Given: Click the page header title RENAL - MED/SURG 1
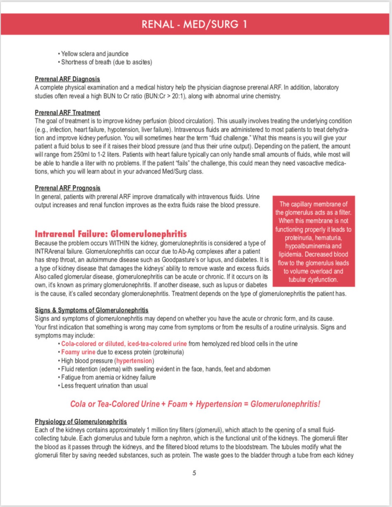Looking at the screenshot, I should pyautogui.click(x=194, y=24).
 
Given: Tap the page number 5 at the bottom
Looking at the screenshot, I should pyautogui.click(x=194, y=473).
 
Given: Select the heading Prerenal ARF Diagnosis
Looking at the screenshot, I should pyautogui.click(x=67, y=79).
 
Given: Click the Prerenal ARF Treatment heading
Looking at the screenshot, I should pyautogui.click(x=67, y=113).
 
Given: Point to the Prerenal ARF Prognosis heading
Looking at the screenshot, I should pyautogui.click(x=68, y=188).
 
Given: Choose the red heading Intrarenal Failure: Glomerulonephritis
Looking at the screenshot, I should pyautogui.click(x=111, y=234).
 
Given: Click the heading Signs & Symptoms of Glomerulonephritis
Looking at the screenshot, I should pyautogui.click(x=91, y=310).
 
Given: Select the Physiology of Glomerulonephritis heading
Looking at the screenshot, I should pyautogui.click(x=81, y=422).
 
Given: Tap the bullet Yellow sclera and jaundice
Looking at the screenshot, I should pyautogui.click(x=95, y=54).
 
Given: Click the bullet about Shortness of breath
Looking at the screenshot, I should pyautogui.click(x=106, y=62).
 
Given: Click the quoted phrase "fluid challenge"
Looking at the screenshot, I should pyautogui.click(x=227, y=138).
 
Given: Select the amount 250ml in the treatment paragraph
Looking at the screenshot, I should pyautogui.click(x=81, y=155).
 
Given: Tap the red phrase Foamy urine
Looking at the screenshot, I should pyautogui.click(x=78, y=352).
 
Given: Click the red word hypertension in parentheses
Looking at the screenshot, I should pyautogui.click(x=134, y=361).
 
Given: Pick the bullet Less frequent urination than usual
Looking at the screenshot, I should pyautogui.click(x=104, y=386).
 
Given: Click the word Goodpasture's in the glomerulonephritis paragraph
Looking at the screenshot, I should pyautogui.click(x=192, y=260).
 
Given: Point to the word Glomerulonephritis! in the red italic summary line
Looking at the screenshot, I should pyautogui.click(x=285, y=404).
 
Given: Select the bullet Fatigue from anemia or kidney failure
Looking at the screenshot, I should pyautogui.click(x=108, y=377).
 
